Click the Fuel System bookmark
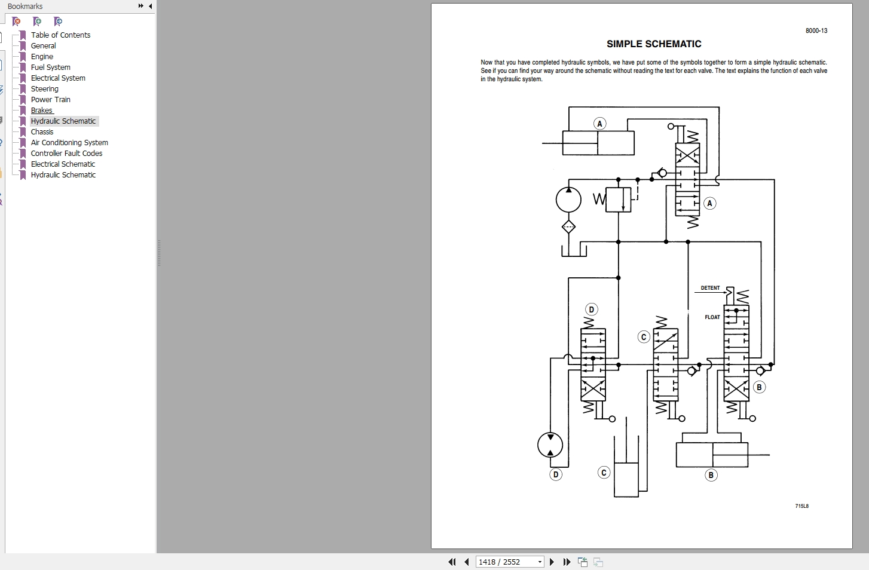(x=50, y=68)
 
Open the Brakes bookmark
(x=42, y=111)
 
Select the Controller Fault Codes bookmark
(x=66, y=154)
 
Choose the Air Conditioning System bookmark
(x=69, y=143)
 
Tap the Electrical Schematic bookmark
(x=63, y=164)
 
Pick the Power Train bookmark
(x=50, y=100)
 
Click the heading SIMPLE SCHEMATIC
(x=654, y=44)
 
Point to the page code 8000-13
(x=816, y=31)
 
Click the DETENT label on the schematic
(x=710, y=288)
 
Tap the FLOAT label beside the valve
(x=712, y=317)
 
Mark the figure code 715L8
(x=801, y=506)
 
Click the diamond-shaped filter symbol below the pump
(x=568, y=226)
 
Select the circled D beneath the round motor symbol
(x=556, y=474)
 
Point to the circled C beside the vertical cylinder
(x=604, y=473)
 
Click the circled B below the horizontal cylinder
(x=711, y=475)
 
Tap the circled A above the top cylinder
(x=599, y=124)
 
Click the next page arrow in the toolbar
(x=552, y=562)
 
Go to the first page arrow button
(x=452, y=562)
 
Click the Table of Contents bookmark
(x=60, y=35)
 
